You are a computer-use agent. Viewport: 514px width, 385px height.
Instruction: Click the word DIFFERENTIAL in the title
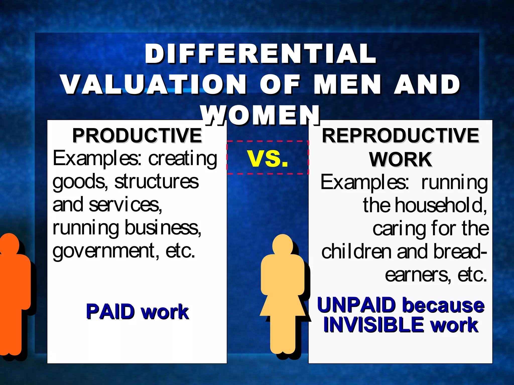[x=260, y=54]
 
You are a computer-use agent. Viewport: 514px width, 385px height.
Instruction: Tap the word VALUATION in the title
[x=153, y=84]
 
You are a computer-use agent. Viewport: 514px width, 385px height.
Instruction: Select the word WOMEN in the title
[x=261, y=115]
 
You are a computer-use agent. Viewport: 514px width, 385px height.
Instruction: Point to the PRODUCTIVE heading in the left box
[x=137, y=136]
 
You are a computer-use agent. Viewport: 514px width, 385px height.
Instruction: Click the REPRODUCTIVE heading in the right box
[x=401, y=136]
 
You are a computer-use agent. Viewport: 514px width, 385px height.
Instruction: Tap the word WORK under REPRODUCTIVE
[x=401, y=159]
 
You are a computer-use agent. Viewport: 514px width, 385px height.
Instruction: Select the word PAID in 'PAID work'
[x=110, y=312]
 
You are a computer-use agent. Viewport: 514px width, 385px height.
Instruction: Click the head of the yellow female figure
[x=283, y=244]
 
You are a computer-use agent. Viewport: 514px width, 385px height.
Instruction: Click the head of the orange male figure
[x=10, y=244]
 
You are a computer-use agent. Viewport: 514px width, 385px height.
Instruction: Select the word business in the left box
[x=163, y=228]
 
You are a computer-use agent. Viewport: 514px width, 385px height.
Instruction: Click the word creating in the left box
[x=182, y=158]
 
